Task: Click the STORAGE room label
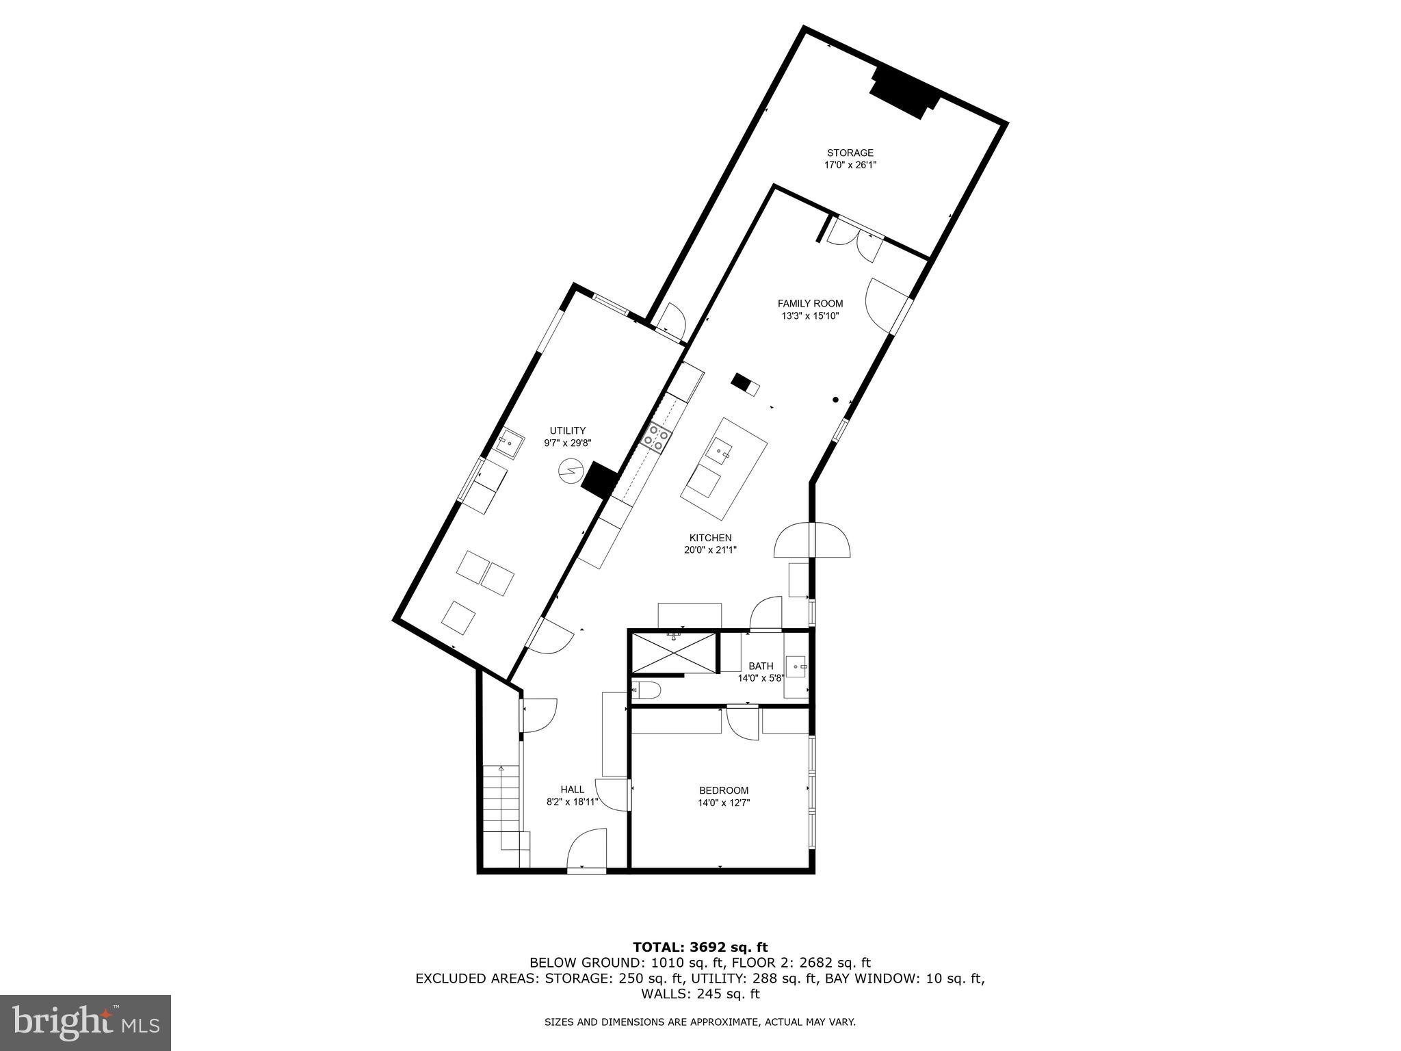coord(850,153)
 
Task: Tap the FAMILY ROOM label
coord(810,303)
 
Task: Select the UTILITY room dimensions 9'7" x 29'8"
coord(567,443)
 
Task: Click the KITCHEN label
coord(710,538)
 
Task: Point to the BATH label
coord(761,666)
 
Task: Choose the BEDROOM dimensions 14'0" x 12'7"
coord(724,803)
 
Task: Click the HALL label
coord(573,789)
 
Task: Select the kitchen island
coord(723,468)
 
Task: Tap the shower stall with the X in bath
coord(675,653)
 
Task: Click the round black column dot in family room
coord(835,400)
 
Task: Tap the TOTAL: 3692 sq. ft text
coord(700,947)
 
